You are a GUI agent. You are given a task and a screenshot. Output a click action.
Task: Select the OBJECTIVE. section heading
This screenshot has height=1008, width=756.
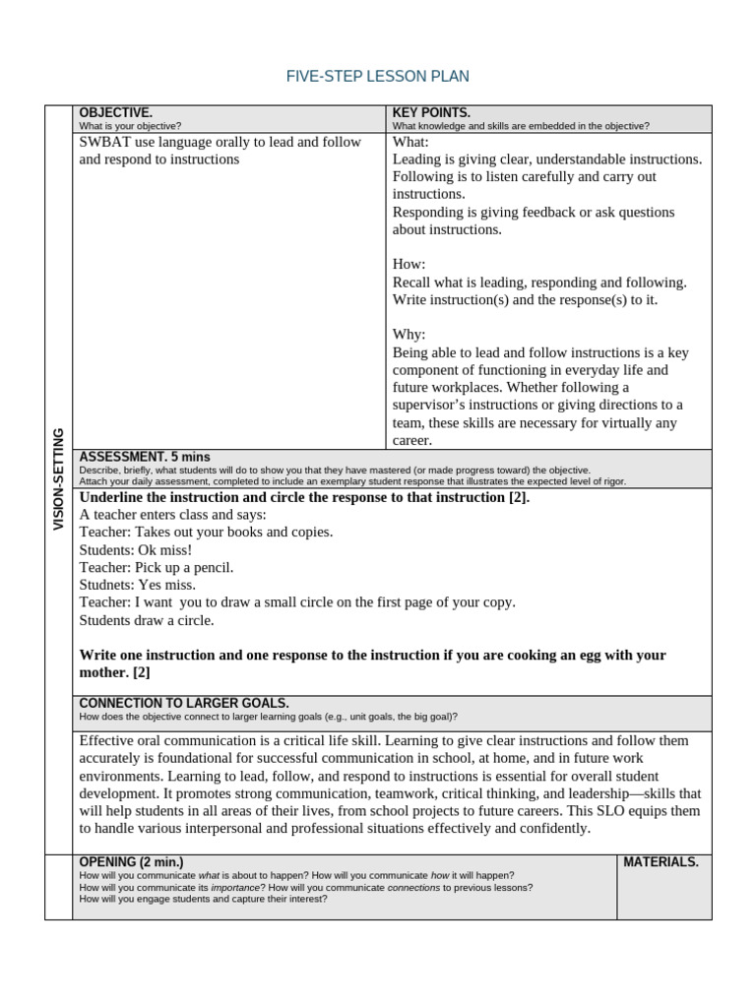pyautogui.click(x=115, y=113)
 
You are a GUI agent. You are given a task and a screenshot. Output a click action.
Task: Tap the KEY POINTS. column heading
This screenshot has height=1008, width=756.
pyautogui.click(x=431, y=113)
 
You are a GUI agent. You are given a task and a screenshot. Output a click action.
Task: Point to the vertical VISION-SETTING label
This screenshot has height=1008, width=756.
pyautogui.click(x=58, y=479)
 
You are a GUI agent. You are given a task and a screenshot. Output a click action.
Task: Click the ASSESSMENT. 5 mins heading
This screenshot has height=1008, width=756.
pyautogui.click(x=144, y=457)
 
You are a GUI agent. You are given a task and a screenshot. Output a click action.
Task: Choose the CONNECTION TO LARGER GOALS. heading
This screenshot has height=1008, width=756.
pyautogui.click(x=183, y=703)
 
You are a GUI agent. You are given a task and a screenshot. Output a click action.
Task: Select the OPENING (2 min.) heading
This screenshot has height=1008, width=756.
pyautogui.click(x=130, y=862)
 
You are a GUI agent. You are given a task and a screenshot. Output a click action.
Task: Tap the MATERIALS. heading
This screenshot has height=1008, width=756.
pyautogui.click(x=661, y=862)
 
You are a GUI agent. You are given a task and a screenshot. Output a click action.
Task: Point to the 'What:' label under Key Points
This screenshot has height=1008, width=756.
pyautogui.click(x=409, y=142)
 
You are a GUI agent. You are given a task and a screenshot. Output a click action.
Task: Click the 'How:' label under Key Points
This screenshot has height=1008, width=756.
pyautogui.click(x=409, y=265)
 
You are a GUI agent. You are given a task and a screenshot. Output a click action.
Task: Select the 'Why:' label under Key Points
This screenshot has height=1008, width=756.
pyautogui.click(x=409, y=335)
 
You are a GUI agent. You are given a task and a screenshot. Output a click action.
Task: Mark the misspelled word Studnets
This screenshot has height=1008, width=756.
pyautogui.click(x=106, y=585)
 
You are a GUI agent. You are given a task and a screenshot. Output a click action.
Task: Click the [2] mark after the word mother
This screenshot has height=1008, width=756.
pyautogui.click(x=142, y=672)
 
